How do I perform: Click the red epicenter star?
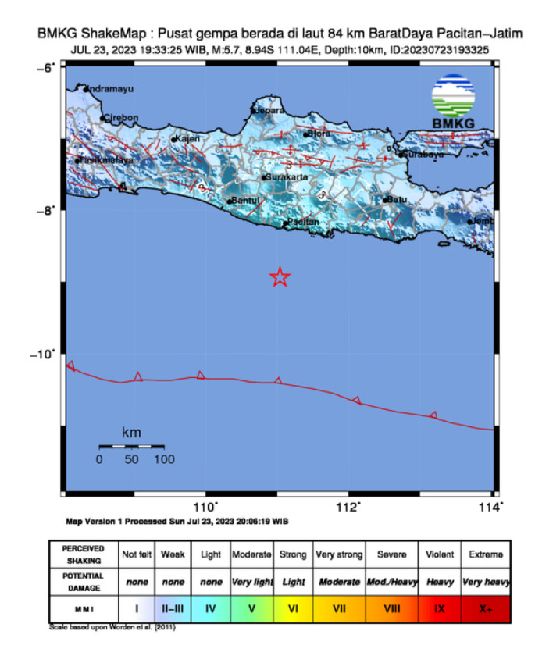coord(280,276)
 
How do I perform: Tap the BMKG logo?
coord(453,102)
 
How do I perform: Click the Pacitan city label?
coord(303,223)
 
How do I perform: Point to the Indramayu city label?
coord(112,89)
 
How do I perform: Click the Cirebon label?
coord(122,118)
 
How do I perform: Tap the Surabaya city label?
coord(424,155)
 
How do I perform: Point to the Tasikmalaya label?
coord(106,160)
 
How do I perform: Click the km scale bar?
coord(130,446)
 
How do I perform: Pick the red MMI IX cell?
coord(440,605)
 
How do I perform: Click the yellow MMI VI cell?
coord(293,605)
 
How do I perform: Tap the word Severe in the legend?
coord(392,554)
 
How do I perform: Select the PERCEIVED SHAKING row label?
coord(83,554)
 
